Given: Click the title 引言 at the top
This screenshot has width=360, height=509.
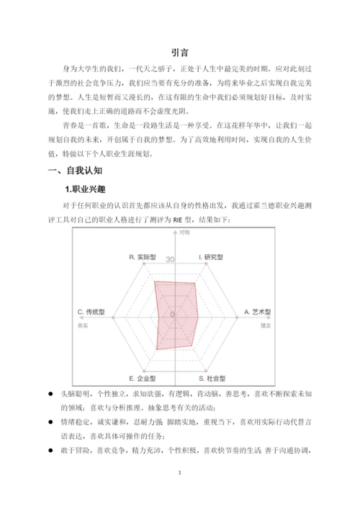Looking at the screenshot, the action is point(179,52).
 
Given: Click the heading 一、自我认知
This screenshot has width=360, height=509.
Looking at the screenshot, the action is point(75,171).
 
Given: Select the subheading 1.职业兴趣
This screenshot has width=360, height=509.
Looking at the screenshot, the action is point(86,189).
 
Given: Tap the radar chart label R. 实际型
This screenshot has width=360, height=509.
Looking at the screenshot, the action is point(143,257).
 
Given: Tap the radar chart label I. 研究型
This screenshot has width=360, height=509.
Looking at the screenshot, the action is point(211,257).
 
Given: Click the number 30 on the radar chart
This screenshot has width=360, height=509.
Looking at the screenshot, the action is point(171,260).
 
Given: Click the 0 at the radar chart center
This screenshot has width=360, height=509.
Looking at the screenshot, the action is point(172,315).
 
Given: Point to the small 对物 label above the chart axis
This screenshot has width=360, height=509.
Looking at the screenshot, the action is point(185,232).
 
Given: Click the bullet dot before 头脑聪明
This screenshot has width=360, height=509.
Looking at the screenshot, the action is point(50,395).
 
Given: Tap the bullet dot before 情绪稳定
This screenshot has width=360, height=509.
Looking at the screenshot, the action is point(50,420).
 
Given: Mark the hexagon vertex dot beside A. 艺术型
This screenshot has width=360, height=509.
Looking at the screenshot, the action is point(237,317).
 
